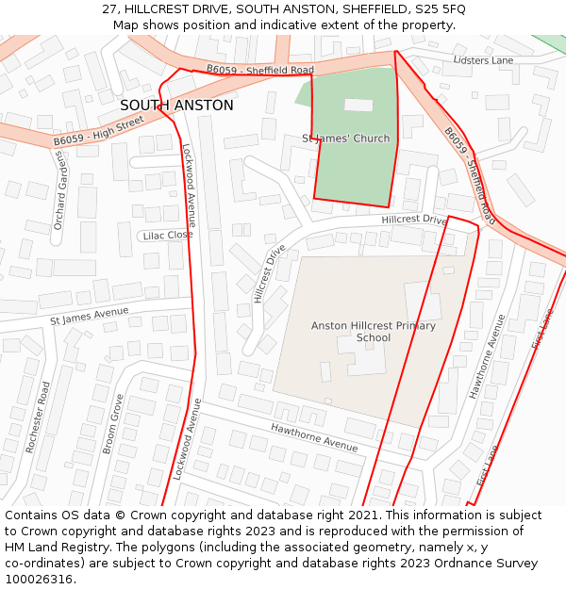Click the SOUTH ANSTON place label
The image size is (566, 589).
click(176, 106)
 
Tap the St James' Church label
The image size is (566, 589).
click(345, 139)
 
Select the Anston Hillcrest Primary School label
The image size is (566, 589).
click(374, 332)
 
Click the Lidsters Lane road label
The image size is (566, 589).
click(483, 60)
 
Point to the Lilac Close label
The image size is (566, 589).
click(167, 235)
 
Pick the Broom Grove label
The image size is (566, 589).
click(112, 423)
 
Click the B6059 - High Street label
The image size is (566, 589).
click(98, 130)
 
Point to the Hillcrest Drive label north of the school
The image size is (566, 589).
click(414, 220)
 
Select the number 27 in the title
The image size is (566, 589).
click(110, 8)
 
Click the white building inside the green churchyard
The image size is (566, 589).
click(358, 106)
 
